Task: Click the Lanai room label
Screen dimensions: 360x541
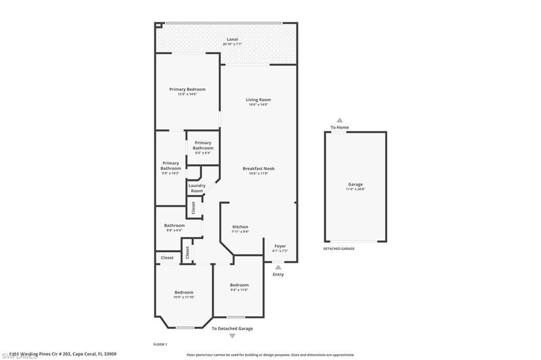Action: pos(232,39)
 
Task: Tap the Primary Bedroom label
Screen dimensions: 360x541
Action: pos(187,89)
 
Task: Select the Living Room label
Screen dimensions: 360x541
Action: pos(258,100)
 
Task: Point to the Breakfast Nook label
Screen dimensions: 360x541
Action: pos(258,168)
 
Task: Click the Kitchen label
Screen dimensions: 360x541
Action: pos(240,227)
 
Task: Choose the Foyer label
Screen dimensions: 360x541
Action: pos(280,246)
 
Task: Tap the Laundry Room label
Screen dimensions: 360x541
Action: pos(197,188)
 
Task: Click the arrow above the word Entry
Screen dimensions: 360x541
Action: pos(278,267)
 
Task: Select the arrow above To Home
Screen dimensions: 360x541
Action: pos(340,120)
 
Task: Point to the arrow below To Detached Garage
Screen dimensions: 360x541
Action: pos(232,336)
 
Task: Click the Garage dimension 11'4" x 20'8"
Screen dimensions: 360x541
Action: pos(355,189)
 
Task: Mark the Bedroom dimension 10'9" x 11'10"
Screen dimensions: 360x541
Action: pos(184,297)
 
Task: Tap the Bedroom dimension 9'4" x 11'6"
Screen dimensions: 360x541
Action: pos(239,290)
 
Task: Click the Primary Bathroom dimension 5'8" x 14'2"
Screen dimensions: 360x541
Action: pos(171,173)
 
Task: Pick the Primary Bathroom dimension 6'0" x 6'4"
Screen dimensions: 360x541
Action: pos(203,153)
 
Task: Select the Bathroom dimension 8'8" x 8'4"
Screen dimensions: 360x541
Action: pos(174,230)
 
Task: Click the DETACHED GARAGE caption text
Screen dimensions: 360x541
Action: pos(339,249)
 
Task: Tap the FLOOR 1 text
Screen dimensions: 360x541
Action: pos(160,344)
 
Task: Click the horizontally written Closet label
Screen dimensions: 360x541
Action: pos(167,258)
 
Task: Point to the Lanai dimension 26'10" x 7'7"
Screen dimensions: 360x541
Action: pos(232,44)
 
